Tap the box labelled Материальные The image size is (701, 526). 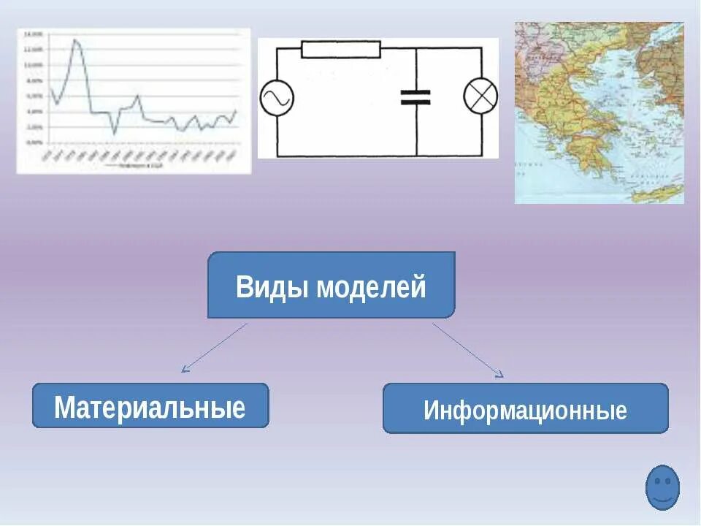tap(150, 406)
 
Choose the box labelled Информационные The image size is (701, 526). tap(525, 409)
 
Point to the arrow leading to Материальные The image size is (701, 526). tap(215, 348)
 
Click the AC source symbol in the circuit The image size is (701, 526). tap(277, 98)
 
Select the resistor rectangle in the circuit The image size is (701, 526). tap(341, 49)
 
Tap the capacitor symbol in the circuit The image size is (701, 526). tap(416, 97)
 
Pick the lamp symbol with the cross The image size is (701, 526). tap(481, 97)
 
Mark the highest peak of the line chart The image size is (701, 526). tap(75, 40)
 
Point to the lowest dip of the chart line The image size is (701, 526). tap(115, 134)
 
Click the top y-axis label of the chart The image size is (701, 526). tap(33, 34)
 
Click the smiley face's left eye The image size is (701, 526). tap(657, 481)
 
